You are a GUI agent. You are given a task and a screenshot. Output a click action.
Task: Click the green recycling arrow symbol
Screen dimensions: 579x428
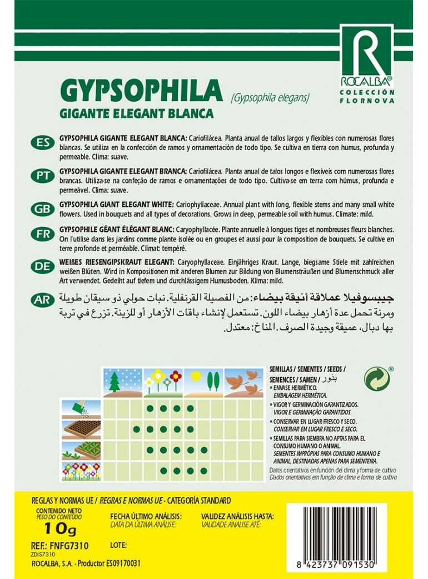tap(376, 378)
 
